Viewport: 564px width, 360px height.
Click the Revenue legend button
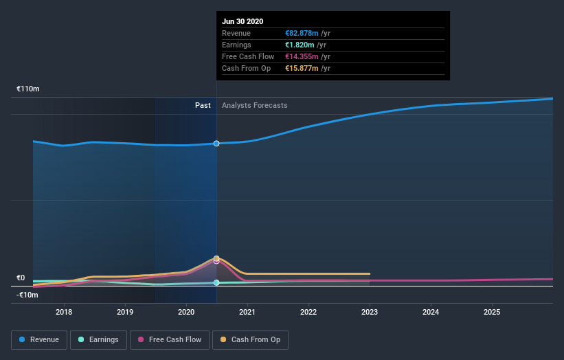[x=40, y=339]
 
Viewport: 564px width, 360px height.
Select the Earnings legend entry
[x=98, y=339]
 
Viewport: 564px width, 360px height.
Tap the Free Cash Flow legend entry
[x=170, y=339]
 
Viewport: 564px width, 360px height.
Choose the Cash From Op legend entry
[x=251, y=339]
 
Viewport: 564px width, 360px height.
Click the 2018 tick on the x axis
[x=64, y=312]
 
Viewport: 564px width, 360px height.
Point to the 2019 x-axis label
[x=125, y=312]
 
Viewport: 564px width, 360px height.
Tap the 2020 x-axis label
[x=186, y=312]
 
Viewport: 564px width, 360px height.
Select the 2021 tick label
[x=247, y=312]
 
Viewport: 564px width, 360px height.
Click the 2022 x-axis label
[x=308, y=312]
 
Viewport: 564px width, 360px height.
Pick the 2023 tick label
[x=370, y=312]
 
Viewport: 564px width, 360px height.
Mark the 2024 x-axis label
[x=431, y=312]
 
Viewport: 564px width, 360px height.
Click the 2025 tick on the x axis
[x=492, y=312]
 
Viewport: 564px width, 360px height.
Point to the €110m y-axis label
[x=28, y=89]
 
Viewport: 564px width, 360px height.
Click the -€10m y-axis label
[x=28, y=295]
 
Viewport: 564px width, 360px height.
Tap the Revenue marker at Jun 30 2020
[x=216, y=144]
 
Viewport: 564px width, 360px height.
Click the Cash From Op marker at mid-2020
[x=216, y=258]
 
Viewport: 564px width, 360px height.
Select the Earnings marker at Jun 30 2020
[x=216, y=282]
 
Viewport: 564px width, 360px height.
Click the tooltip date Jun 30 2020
[x=242, y=21]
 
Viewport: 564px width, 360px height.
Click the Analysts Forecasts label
[x=254, y=106]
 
